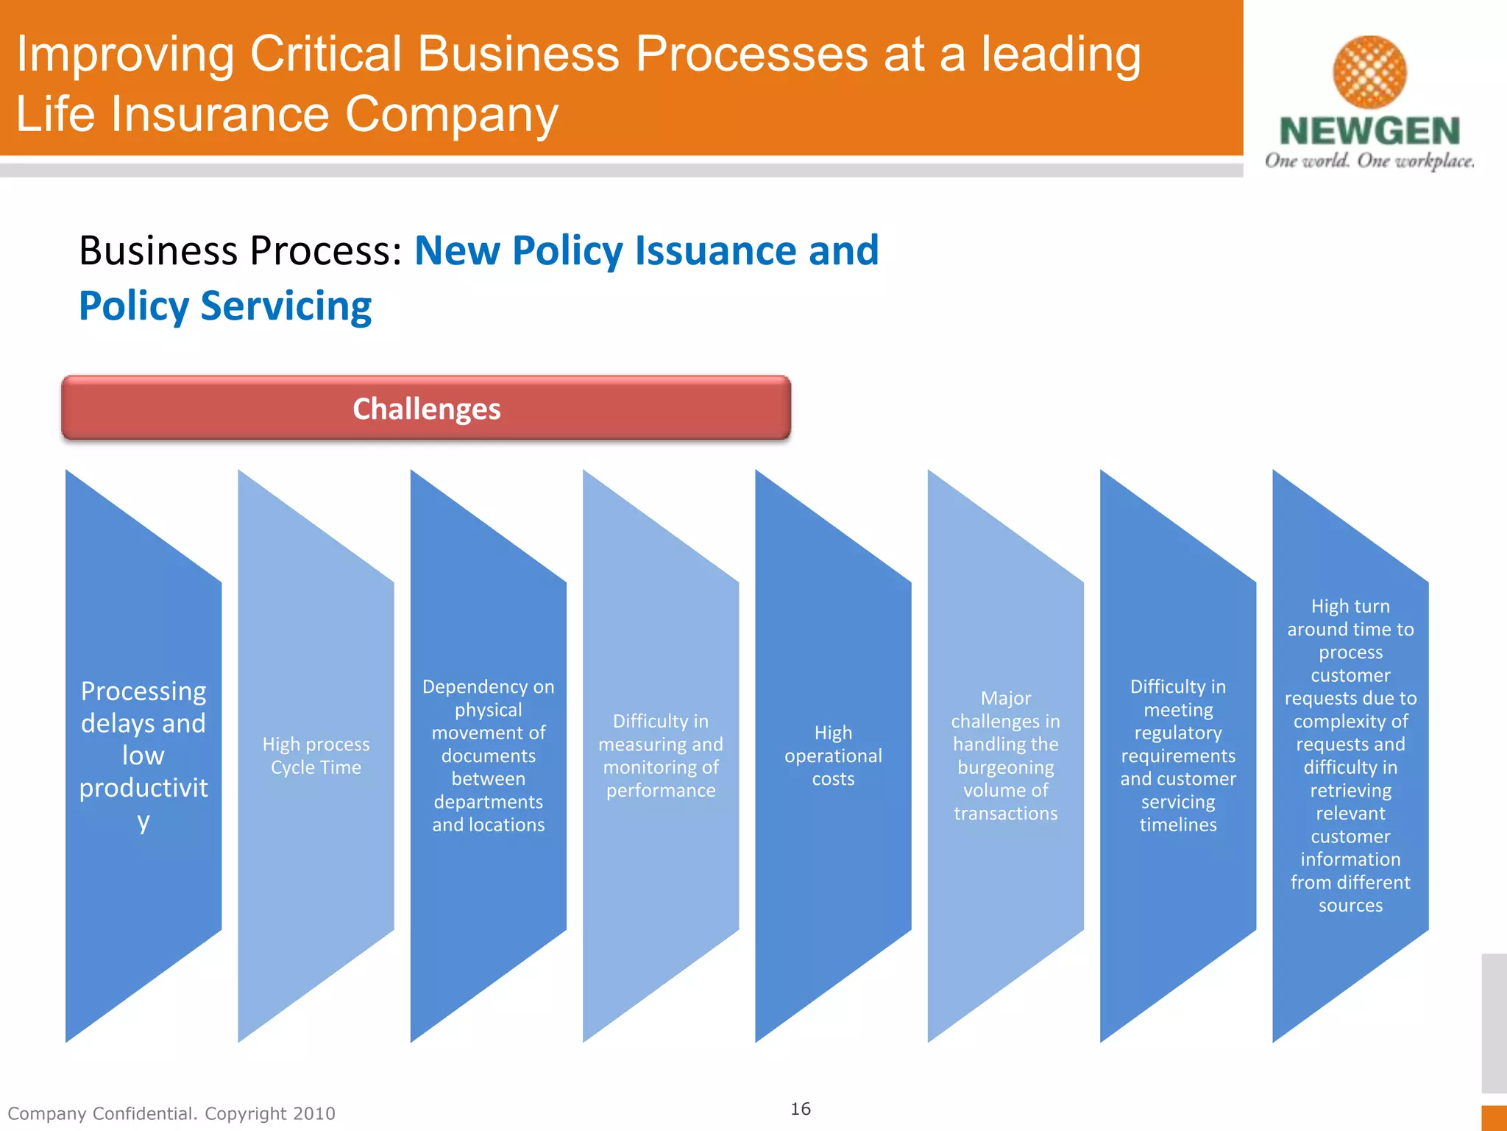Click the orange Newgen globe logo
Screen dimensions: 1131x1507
click(1369, 72)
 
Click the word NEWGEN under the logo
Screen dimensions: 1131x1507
click(1369, 132)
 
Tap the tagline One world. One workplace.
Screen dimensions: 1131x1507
click(1369, 161)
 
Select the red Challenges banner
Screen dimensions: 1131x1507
click(426, 409)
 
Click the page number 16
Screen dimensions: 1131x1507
click(801, 1109)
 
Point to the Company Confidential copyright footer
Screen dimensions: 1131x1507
click(171, 1113)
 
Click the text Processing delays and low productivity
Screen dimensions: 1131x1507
click(143, 755)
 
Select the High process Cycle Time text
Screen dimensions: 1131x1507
click(316, 755)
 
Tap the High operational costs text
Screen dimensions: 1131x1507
click(833, 755)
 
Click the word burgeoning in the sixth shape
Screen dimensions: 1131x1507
click(1005, 767)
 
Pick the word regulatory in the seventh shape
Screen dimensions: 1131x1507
click(1177, 733)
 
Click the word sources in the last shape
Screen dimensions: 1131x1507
click(1350, 905)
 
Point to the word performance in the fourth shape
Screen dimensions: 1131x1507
click(661, 790)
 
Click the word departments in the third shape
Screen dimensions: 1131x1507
click(489, 802)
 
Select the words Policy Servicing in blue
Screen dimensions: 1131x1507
click(225, 306)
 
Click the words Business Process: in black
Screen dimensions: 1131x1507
click(241, 250)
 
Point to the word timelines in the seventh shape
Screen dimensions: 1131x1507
click(1177, 825)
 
